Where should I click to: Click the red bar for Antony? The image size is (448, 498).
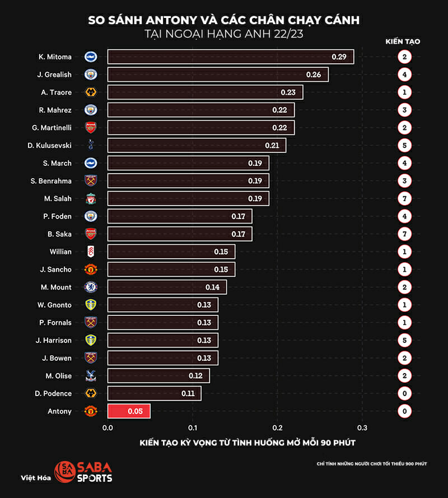(x=129, y=411)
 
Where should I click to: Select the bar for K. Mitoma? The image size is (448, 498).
(x=230, y=57)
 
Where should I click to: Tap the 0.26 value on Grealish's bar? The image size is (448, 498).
(x=314, y=74)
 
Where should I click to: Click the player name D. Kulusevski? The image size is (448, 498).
(x=49, y=146)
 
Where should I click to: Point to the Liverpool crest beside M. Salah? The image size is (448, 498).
(x=91, y=198)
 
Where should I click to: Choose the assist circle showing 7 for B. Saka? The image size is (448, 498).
(x=404, y=234)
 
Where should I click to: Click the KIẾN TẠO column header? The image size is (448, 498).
(x=403, y=41)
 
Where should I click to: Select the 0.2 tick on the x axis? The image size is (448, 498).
(x=278, y=428)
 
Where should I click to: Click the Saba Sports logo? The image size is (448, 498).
(x=83, y=472)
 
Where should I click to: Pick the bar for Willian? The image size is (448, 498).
(x=171, y=252)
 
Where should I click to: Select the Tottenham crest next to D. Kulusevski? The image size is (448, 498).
(x=91, y=146)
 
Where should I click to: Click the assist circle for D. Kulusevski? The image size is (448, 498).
(x=404, y=146)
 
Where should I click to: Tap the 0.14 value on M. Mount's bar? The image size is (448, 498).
(x=212, y=287)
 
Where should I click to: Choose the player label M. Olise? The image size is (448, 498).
(x=59, y=376)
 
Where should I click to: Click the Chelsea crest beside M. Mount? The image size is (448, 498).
(x=91, y=287)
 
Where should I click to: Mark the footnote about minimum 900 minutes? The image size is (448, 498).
(x=371, y=464)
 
